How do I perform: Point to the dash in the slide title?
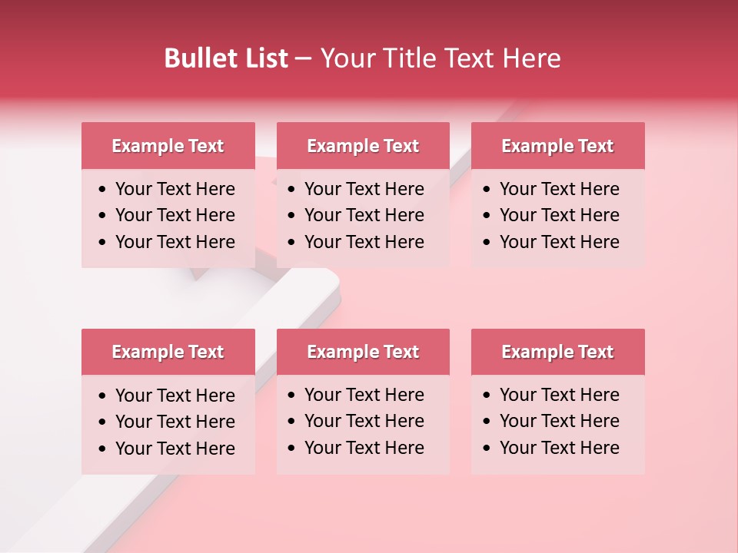tap(303, 59)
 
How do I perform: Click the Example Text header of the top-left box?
tap(168, 146)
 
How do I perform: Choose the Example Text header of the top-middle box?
tap(363, 146)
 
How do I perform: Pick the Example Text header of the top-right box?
tap(557, 146)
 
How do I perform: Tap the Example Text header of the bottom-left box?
tap(168, 352)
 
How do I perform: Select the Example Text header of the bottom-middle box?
tap(363, 352)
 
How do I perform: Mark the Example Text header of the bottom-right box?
tap(557, 352)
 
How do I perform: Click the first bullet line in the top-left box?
tap(175, 189)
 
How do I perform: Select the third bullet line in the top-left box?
tap(175, 242)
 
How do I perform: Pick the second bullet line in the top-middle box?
tap(364, 215)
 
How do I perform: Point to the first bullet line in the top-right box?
tap(559, 189)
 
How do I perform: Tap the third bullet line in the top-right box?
tap(559, 242)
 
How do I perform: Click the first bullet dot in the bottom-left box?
tap(102, 396)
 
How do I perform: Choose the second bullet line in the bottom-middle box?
tap(364, 421)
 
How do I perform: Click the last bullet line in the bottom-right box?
tap(559, 448)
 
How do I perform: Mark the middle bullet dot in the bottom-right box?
tap(487, 422)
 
